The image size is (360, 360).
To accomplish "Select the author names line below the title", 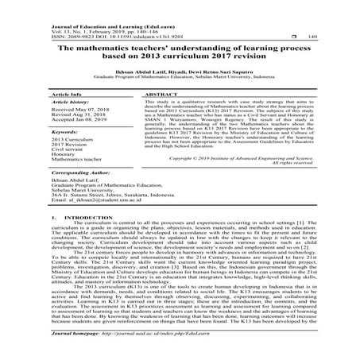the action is coord(180,71).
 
